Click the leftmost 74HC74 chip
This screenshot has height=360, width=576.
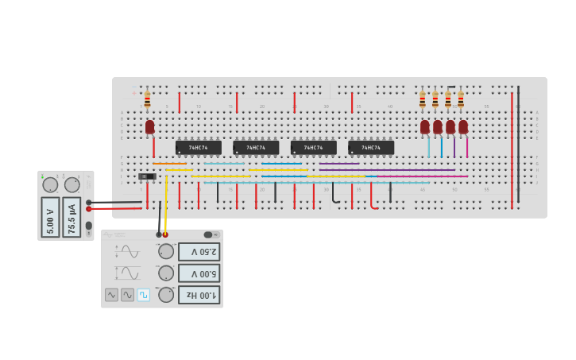[x=198, y=148]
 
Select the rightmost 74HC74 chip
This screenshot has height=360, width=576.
[x=371, y=148]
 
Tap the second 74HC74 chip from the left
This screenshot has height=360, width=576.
[x=256, y=148]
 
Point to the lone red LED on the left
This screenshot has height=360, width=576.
[x=149, y=126]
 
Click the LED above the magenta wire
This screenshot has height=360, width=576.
[x=463, y=126]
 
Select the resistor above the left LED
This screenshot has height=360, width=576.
[x=147, y=99]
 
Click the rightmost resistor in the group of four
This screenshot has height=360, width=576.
[x=461, y=99]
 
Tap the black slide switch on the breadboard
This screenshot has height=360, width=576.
[x=147, y=176]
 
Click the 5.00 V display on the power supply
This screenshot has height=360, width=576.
[x=50, y=217]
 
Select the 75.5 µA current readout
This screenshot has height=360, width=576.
[x=72, y=217]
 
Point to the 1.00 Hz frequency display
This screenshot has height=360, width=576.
[x=199, y=295]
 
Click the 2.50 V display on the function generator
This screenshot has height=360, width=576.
[x=199, y=252]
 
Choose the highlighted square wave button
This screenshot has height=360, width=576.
[x=144, y=295]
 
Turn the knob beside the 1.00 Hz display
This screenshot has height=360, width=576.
[x=166, y=295]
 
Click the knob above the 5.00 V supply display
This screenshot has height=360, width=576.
[x=50, y=185]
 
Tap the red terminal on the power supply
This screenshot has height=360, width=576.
[x=88, y=209]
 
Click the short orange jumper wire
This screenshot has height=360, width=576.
[x=169, y=164]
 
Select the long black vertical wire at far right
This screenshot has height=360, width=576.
[x=518, y=143]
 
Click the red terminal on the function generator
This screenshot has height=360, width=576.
[x=165, y=234]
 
